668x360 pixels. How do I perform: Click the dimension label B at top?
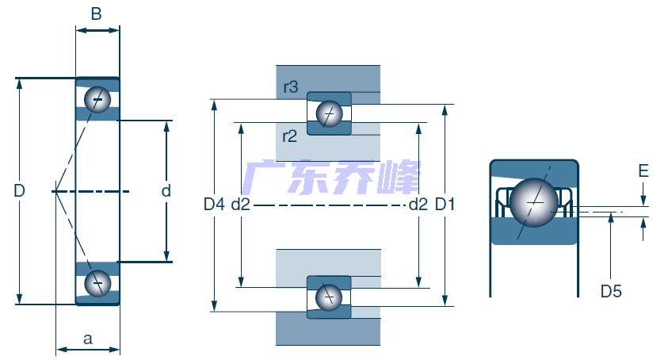[97, 13]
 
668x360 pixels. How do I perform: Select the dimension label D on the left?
[20, 190]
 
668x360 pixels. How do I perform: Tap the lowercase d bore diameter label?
[166, 190]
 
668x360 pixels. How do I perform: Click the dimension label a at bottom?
[88, 339]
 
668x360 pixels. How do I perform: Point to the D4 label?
[214, 205]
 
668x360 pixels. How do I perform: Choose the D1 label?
[445, 205]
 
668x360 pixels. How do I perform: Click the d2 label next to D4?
[241, 205]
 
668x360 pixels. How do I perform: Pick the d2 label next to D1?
[418, 205]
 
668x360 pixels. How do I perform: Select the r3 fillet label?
[290, 87]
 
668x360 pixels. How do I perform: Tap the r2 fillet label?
[289, 136]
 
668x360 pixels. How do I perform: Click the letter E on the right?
[643, 171]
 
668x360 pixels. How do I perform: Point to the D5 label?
[611, 292]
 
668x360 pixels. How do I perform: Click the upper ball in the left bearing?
[98, 99]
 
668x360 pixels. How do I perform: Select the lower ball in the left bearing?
[98, 282]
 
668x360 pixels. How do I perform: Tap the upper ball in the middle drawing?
[329, 114]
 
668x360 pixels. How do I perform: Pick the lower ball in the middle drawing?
[328, 297]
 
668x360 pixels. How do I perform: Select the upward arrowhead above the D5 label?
[611, 219]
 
